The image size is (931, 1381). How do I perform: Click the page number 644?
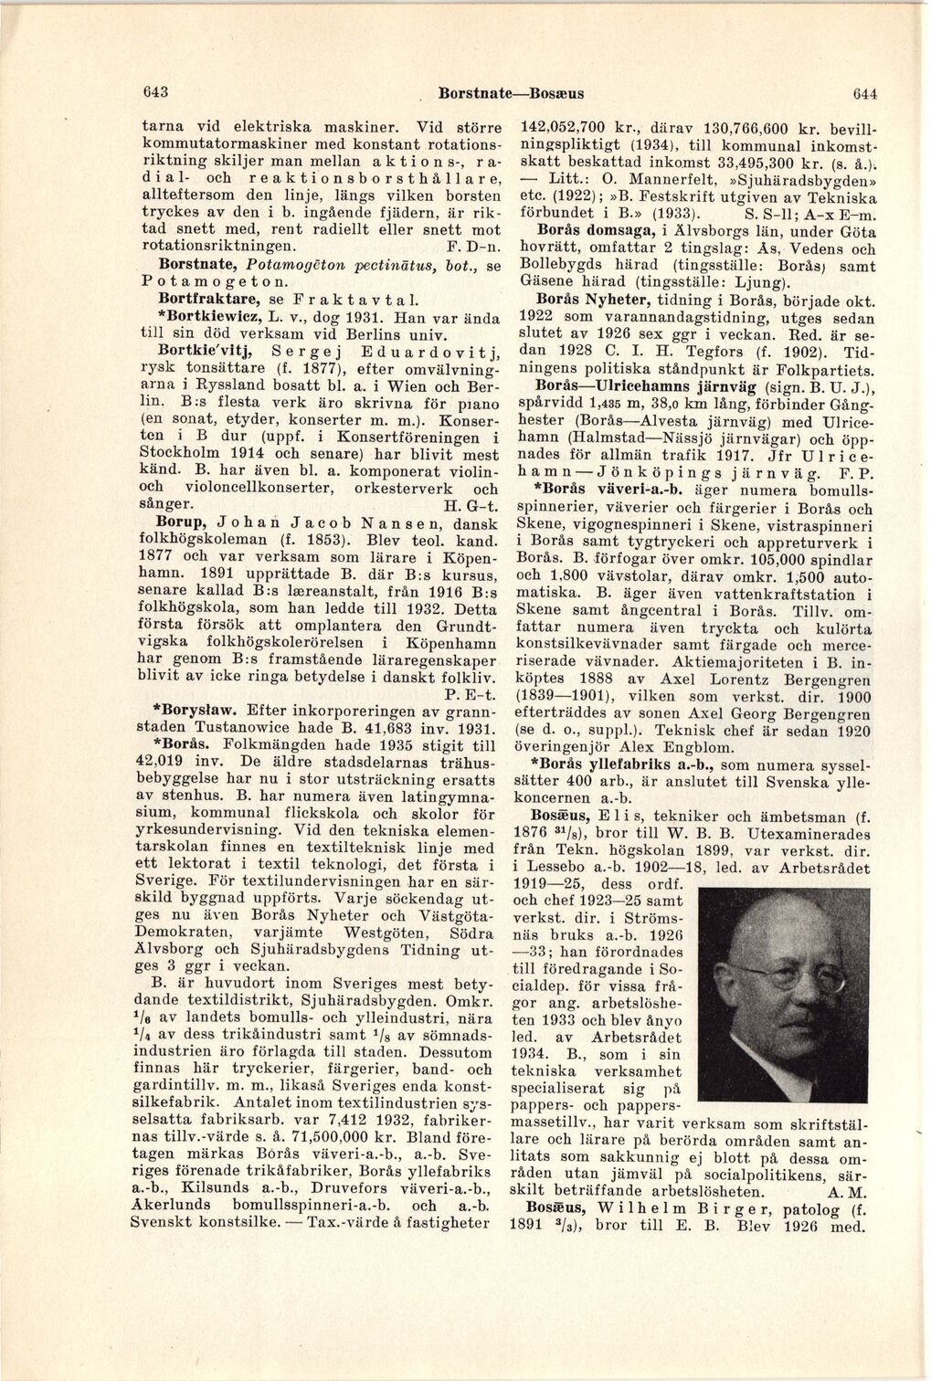pyautogui.click(x=864, y=93)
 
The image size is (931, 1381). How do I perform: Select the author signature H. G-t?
pyautogui.click(x=471, y=505)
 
